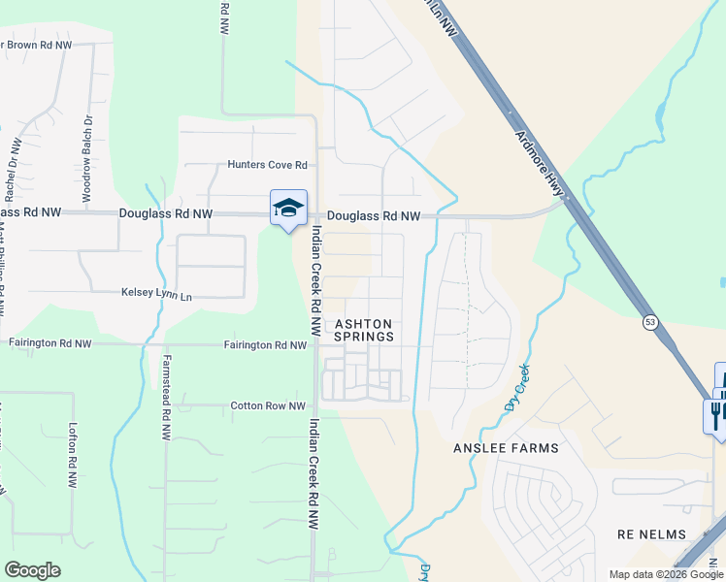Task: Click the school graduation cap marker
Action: click(288, 208)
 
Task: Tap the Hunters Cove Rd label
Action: click(267, 165)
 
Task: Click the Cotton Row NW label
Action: click(268, 406)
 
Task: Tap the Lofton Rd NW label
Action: click(73, 455)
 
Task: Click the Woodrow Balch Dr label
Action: click(86, 159)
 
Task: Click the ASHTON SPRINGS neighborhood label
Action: click(364, 331)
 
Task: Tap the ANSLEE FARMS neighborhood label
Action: click(506, 448)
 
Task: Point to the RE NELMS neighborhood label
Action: click(651, 534)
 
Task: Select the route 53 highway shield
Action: click(649, 322)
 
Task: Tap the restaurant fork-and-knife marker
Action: click(714, 414)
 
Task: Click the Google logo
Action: click(32, 570)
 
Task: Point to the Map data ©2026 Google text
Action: click(666, 574)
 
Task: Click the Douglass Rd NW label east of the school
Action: click(373, 216)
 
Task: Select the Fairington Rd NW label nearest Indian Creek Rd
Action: click(265, 344)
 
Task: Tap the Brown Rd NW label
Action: click(38, 45)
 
